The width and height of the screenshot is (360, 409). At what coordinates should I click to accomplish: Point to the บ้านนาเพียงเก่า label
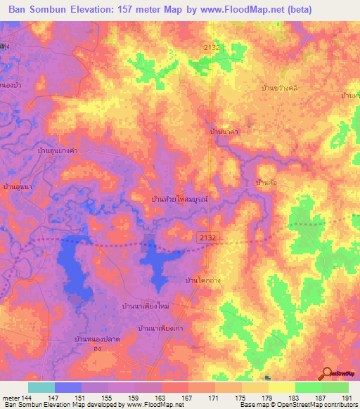pyautogui.click(x=166, y=328)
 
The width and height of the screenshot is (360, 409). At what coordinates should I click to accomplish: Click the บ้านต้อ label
pyautogui.click(x=266, y=182)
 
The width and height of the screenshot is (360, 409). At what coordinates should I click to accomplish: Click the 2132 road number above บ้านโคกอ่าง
pyautogui.click(x=208, y=239)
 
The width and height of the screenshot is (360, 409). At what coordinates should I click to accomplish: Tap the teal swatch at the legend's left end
pyautogui.click(x=41, y=387)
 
